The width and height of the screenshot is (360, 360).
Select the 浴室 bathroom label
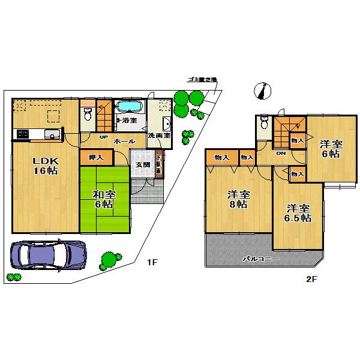[128, 121]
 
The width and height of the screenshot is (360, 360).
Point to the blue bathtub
[128, 107]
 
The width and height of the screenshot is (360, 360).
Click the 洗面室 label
[159, 136]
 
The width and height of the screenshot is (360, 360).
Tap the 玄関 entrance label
[142, 164]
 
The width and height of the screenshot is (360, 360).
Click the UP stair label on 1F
[103, 137]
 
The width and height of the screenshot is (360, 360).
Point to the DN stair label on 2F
[281, 153]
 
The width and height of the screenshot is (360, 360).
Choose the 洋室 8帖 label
[238, 200]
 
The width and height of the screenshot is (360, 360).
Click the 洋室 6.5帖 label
[298, 214]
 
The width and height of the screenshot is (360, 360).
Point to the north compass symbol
[262, 90]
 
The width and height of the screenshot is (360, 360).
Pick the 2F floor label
[311, 279]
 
